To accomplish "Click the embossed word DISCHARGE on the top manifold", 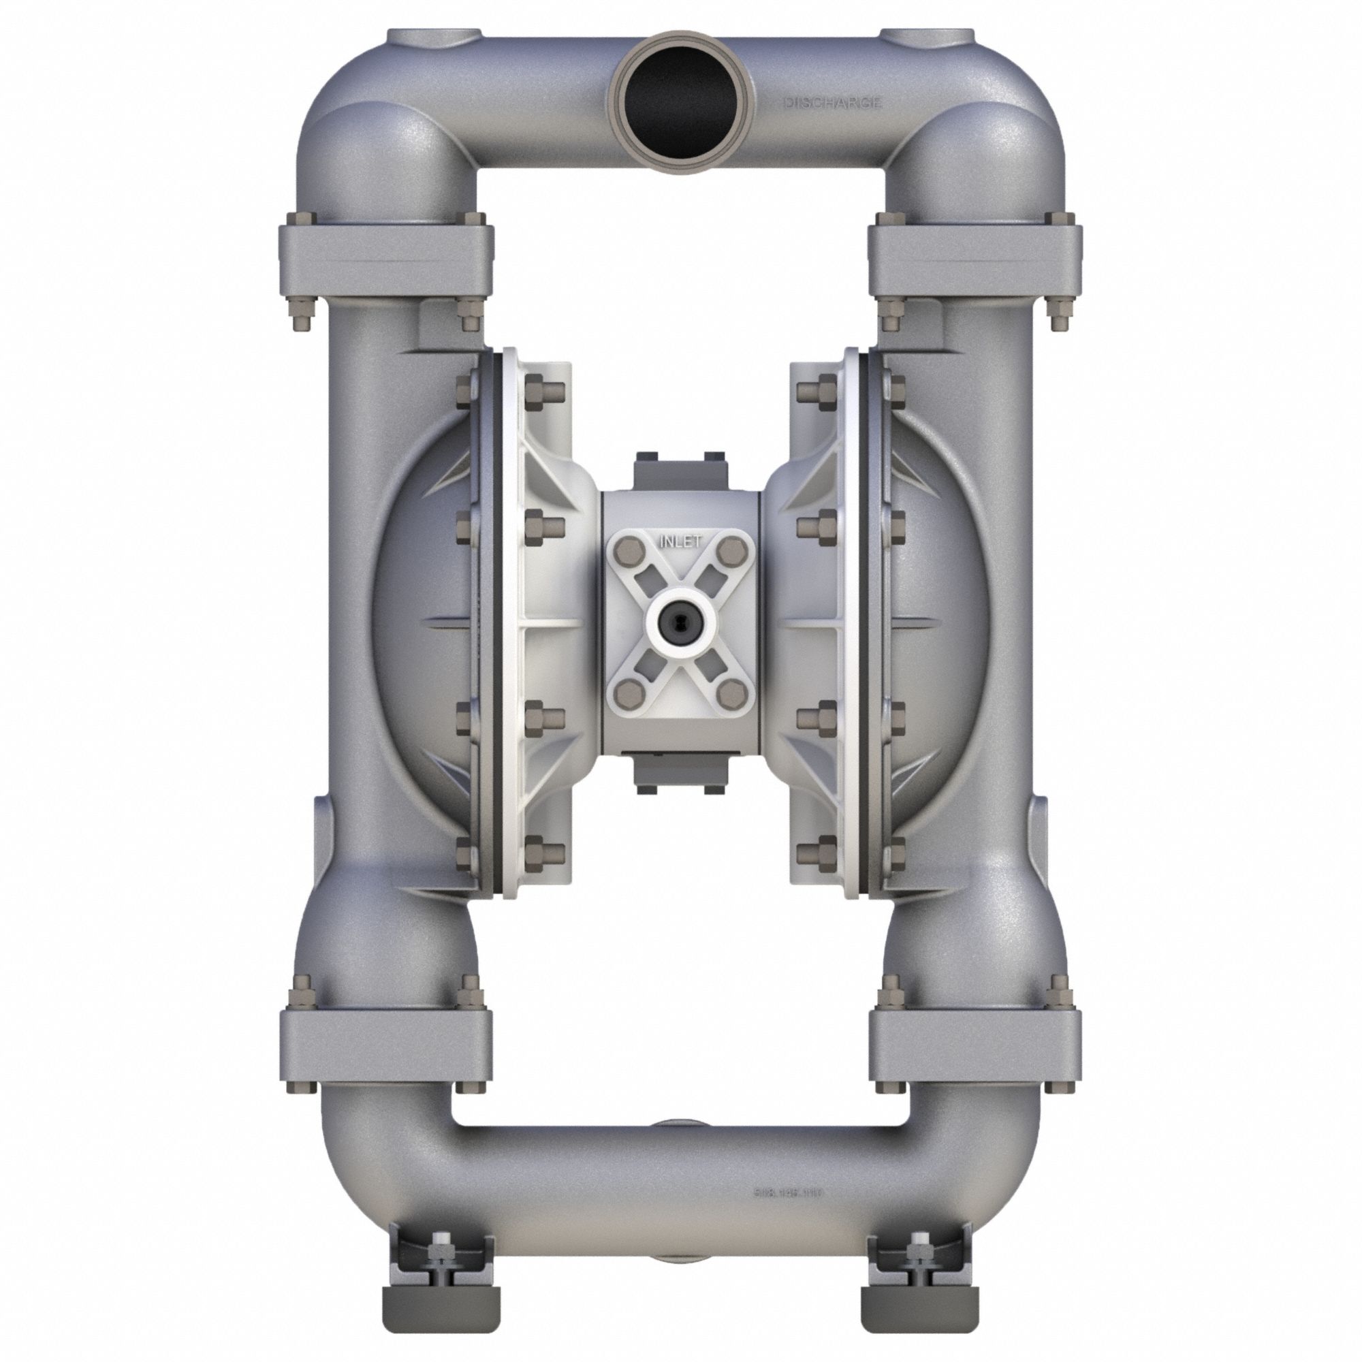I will point(832,104).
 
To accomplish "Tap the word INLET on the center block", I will point(680,541).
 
